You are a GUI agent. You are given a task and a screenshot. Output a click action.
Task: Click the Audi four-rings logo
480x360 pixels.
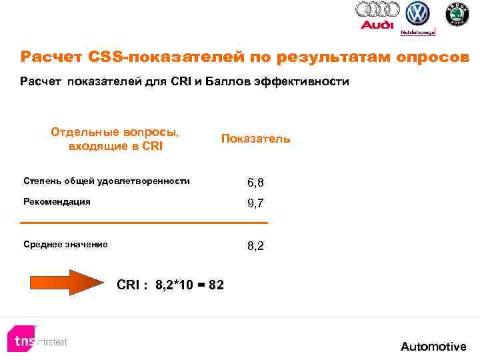(x=377, y=10)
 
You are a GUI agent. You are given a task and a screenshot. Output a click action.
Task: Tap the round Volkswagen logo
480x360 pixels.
(x=418, y=13)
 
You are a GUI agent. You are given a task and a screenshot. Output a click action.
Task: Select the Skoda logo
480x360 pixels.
(x=457, y=13)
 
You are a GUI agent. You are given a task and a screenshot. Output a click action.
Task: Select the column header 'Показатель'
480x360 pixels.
(x=255, y=139)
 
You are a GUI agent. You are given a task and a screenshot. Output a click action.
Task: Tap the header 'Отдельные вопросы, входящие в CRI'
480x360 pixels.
(x=115, y=139)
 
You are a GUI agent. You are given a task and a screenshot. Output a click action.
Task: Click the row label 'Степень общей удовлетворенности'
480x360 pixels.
(x=106, y=181)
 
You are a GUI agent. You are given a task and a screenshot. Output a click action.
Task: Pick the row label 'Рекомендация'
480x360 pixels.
(x=57, y=201)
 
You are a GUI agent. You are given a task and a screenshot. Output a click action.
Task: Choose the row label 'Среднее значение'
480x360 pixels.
(x=65, y=245)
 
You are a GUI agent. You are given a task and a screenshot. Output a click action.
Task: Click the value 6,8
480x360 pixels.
(x=255, y=182)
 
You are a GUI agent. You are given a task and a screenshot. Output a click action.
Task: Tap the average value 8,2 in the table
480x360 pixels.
(x=255, y=246)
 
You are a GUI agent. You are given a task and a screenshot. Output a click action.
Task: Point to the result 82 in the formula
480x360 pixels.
(x=216, y=285)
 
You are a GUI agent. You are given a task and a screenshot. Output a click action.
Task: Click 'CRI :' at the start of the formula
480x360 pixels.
(x=132, y=285)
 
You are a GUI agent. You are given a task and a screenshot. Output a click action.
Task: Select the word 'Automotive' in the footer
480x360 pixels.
(x=433, y=346)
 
